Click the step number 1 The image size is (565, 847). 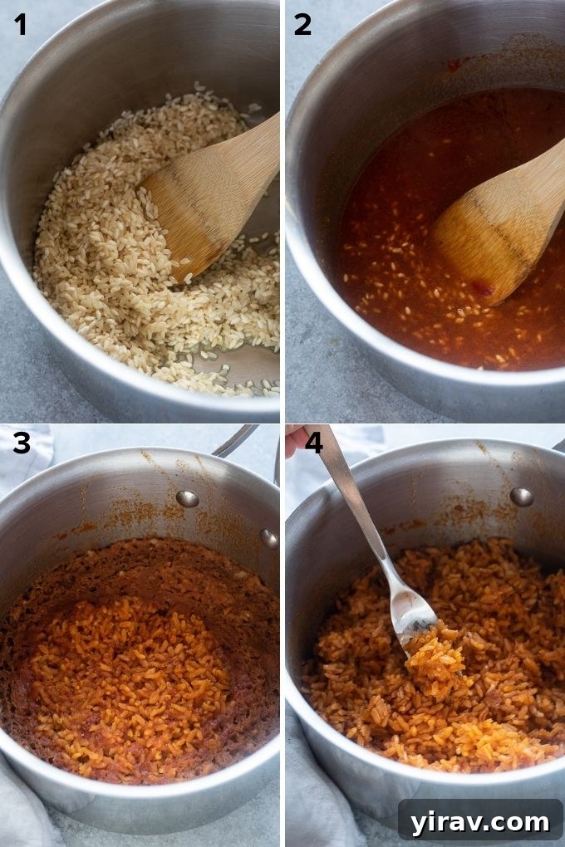pos(20,25)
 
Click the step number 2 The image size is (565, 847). pos(302,25)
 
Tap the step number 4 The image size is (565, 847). pos(313,443)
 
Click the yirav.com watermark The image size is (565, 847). pos(479,821)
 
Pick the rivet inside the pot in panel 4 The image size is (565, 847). pos(521,497)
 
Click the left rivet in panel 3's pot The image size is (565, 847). pos(188,499)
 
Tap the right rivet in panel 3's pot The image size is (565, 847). pos(268,538)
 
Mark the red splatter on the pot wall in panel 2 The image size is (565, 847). pos(454,65)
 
